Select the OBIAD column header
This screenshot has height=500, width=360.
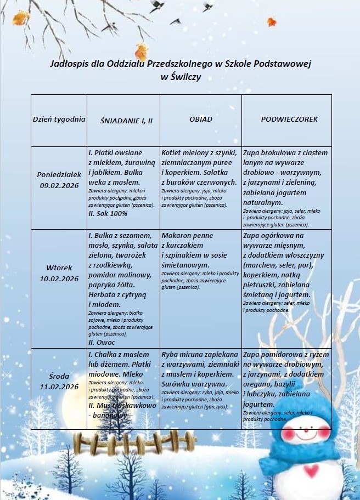point(200,119)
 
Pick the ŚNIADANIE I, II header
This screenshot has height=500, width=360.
point(122,120)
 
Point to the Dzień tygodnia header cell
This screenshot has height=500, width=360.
point(59,119)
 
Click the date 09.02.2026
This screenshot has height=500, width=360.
point(59,185)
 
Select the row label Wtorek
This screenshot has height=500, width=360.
point(59,268)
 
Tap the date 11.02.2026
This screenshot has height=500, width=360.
point(59,387)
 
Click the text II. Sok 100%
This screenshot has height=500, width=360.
point(108,213)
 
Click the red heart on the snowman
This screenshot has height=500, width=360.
point(312,470)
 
